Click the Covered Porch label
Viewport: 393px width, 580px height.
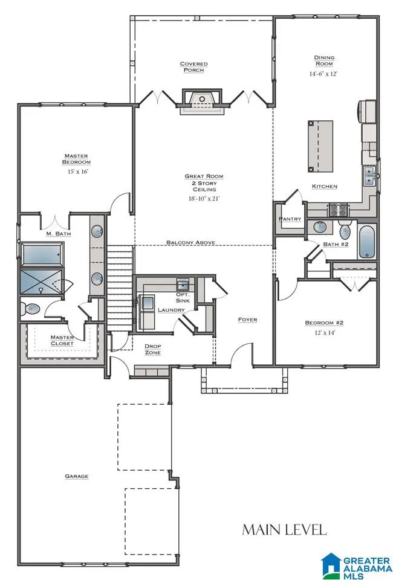[193, 67]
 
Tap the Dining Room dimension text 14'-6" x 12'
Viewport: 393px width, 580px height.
[323, 74]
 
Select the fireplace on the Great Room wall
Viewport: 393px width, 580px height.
[202, 101]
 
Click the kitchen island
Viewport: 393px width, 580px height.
[320, 146]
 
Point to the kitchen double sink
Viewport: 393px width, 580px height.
[369, 176]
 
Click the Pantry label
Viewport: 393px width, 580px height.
[290, 219]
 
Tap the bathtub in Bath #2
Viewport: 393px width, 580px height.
[367, 242]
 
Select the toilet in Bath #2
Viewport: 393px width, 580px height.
[345, 230]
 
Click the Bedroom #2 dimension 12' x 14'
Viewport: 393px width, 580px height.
[325, 332]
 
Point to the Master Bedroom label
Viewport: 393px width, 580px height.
[76, 159]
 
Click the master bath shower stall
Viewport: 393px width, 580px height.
[42, 281]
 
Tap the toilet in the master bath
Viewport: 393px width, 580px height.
[30, 309]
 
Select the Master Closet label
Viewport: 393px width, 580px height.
[62, 340]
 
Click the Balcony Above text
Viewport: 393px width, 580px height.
[190, 242]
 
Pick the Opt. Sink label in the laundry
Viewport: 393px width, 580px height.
[183, 297]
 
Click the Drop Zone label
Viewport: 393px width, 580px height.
[152, 350]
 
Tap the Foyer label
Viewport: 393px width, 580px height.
[247, 320]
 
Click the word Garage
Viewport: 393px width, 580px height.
[77, 476]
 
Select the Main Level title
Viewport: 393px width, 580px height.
[284, 530]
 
